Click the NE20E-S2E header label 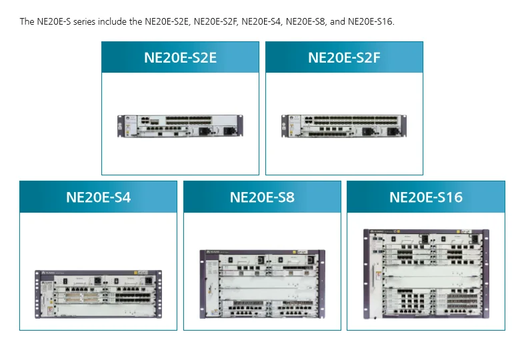[180, 57]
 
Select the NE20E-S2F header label [344, 57]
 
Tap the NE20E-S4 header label [98, 197]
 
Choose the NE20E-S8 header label [262, 197]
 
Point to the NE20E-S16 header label [425, 197]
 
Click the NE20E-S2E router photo [180, 125]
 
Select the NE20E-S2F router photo [344, 125]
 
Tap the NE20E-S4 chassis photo [98, 291]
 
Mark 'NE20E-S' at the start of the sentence [53, 21]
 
